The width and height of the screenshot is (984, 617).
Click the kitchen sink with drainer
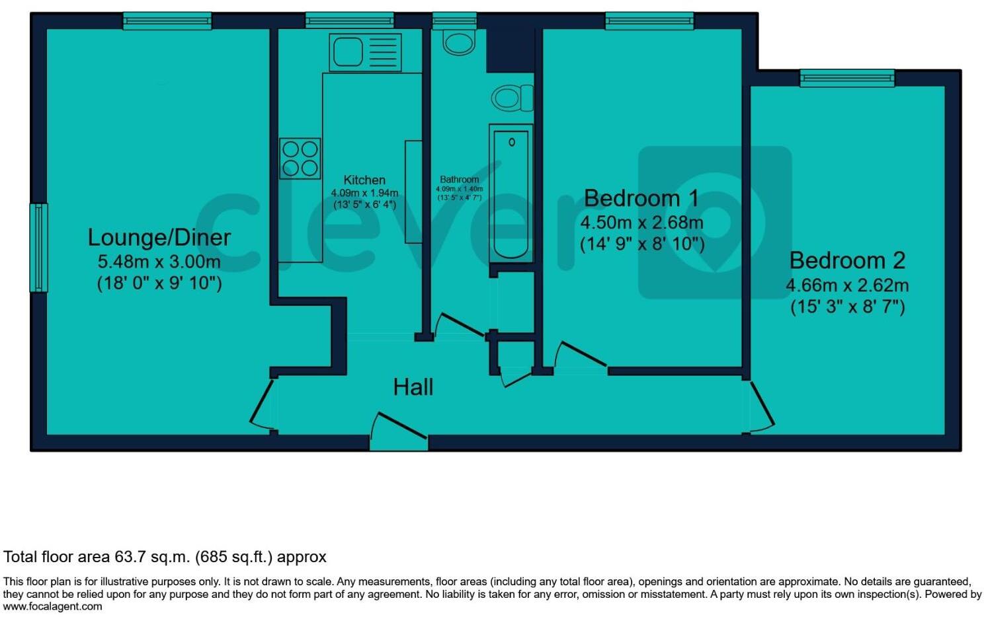coord(365,52)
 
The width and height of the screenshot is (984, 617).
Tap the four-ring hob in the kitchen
coord(300,159)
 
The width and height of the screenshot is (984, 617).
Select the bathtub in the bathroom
coord(511,193)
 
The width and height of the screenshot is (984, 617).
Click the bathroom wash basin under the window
coord(458,42)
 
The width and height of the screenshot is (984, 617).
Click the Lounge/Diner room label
coord(159,237)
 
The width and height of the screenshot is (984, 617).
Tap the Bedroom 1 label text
coord(641,198)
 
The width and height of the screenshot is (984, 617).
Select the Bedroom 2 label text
coord(847,260)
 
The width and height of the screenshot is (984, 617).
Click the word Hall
coord(413,387)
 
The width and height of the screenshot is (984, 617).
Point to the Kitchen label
coord(364,180)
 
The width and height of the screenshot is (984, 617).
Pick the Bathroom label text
coord(459,179)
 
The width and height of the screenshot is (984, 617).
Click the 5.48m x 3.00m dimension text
coord(159,262)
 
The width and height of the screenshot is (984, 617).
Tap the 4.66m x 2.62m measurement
coord(847,286)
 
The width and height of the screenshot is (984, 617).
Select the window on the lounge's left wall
coord(39,247)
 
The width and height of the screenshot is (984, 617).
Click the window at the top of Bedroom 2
coord(847,78)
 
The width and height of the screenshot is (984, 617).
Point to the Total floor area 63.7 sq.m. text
coord(165,557)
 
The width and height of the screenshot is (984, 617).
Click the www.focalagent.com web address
coord(53,606)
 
